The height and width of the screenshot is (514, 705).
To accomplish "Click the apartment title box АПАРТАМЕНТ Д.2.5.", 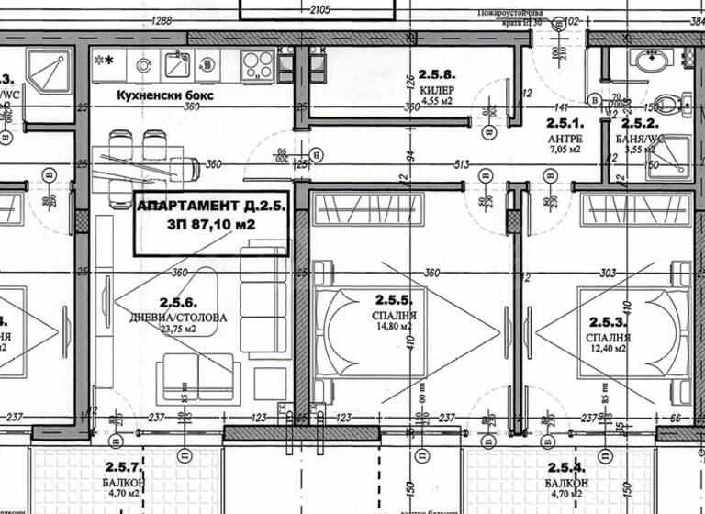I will pyautogui.click(x=212, y=224).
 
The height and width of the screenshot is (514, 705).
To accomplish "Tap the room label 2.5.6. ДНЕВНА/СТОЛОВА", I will pyautogui.click(x=179, y=309).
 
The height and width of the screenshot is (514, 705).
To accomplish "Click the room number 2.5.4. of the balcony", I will pyautogui.click(x=566, y=468).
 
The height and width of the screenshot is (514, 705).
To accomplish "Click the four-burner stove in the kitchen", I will pyautogui.click(x=257, y=64).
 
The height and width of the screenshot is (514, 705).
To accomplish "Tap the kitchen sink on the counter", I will pyautogui.click(x=177, y=64).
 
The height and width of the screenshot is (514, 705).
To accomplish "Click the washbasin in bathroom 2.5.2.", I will pyautogui.click(x=651, y=61).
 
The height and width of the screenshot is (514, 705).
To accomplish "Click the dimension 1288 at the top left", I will pyautogui.click(x=162, y=20).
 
